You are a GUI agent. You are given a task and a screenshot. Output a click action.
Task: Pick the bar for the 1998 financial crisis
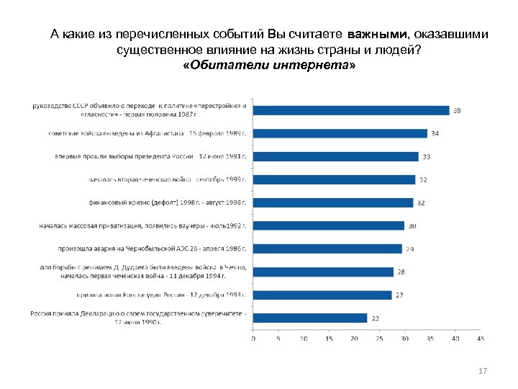[x=333, y=202]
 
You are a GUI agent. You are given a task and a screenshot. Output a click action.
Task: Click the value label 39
[x=456, y=110]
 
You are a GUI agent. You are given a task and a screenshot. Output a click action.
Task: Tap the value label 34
[x=435, y=133]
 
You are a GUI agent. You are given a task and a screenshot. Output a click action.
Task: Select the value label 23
[x=374, y=318]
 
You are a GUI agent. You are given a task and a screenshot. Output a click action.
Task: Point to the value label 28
[x=401, y=272]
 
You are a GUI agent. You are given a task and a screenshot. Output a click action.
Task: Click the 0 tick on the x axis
[x=253, y=338]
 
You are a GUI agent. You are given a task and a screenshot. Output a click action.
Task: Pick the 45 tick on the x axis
[x=480, y=338]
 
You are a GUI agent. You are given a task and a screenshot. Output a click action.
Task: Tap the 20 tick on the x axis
[x=353, y=338]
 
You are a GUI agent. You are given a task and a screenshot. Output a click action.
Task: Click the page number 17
[x=483, y=371]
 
